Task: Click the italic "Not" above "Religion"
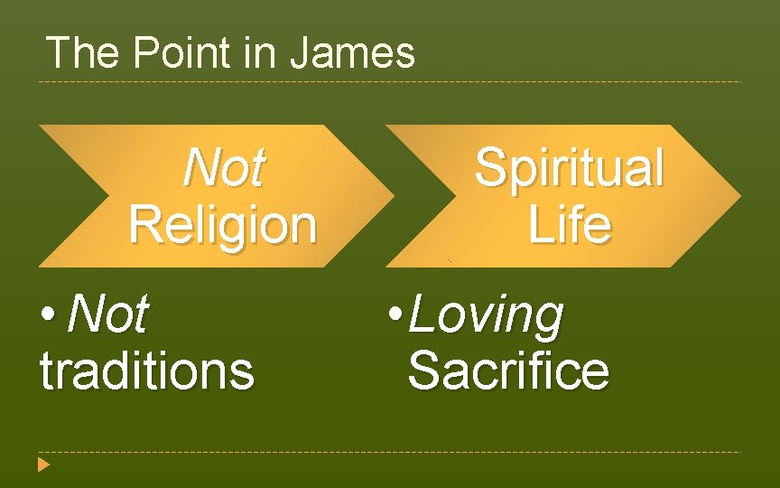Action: coord(223,168)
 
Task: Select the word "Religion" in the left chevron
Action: coord(223,224)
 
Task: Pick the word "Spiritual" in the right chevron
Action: coord(569,168)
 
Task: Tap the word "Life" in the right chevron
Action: coord(569,224)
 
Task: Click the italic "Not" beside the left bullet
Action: coord(107,314)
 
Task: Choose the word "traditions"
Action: coord(147,371)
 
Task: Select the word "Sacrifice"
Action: coord(508,371)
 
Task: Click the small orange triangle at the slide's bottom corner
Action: coord(43,465)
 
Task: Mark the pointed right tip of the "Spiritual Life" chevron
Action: coord(738,196)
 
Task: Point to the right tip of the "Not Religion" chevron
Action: coord(392,196)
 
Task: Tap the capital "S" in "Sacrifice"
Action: coord(425,371)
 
